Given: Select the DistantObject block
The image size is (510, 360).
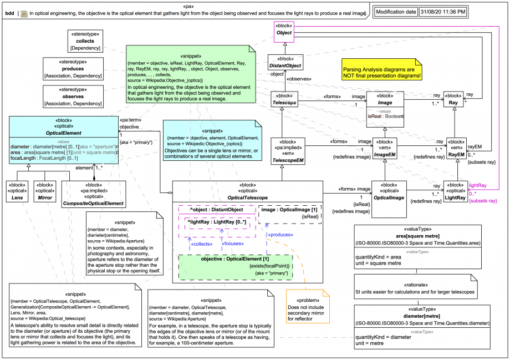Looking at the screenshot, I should (x=285, y=63).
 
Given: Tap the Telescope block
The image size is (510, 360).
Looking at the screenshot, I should (x=285, y=99).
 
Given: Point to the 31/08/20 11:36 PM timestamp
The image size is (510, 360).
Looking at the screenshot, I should (x=442, y=11).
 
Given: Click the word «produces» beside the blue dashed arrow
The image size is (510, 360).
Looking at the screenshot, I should (x=280, y=235).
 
